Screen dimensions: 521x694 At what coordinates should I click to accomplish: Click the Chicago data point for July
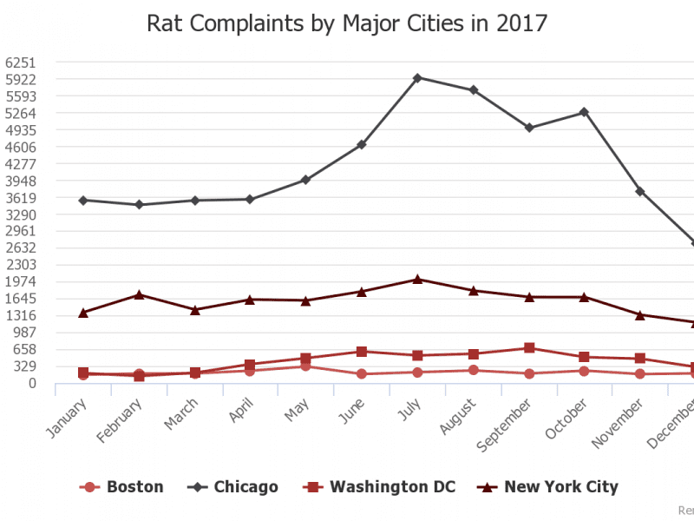click(417, 77)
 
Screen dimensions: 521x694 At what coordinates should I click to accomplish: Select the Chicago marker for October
click(584, 112)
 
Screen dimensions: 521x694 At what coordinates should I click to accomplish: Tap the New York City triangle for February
click(139, 294)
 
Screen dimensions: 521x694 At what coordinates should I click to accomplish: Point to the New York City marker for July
click(417, 279)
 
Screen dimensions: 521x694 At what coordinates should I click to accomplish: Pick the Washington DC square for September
click(528, 348)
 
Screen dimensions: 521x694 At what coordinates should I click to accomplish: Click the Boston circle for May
click(306, 366)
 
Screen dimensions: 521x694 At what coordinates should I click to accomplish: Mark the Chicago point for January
click(83, 200)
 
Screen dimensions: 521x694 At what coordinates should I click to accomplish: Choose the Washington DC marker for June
click(362, 352)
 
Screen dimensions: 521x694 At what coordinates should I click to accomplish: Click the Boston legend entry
click(121, 486)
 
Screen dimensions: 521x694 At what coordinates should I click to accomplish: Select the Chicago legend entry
click(233, 486)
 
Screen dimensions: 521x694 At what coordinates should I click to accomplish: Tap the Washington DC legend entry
click(380, 486)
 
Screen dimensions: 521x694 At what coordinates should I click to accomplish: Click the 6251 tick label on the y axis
click(20, 63)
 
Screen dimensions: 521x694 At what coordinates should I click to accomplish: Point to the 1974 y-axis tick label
click(20, 282)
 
